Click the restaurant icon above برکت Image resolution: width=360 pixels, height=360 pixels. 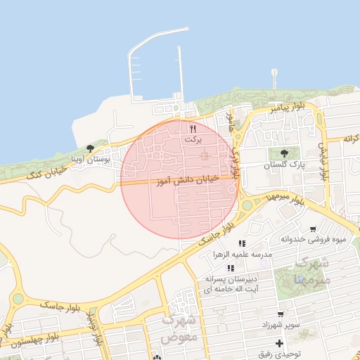[x=193, y=129]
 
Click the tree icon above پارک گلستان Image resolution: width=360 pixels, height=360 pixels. [x=284, y=153]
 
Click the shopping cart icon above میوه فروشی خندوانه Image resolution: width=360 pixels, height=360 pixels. [x=312, y=229]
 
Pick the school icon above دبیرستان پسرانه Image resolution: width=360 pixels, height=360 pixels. [x=230, y=268]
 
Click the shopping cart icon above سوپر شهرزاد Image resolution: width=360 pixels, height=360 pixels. [x=281, y=314]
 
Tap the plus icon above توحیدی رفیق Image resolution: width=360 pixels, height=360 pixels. [x=280, y=343]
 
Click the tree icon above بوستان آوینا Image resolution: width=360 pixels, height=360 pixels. [x=91, y=149]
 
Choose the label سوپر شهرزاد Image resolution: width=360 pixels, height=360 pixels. [x=281, y=324]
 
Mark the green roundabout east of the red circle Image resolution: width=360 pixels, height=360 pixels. [x=247, y=205]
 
